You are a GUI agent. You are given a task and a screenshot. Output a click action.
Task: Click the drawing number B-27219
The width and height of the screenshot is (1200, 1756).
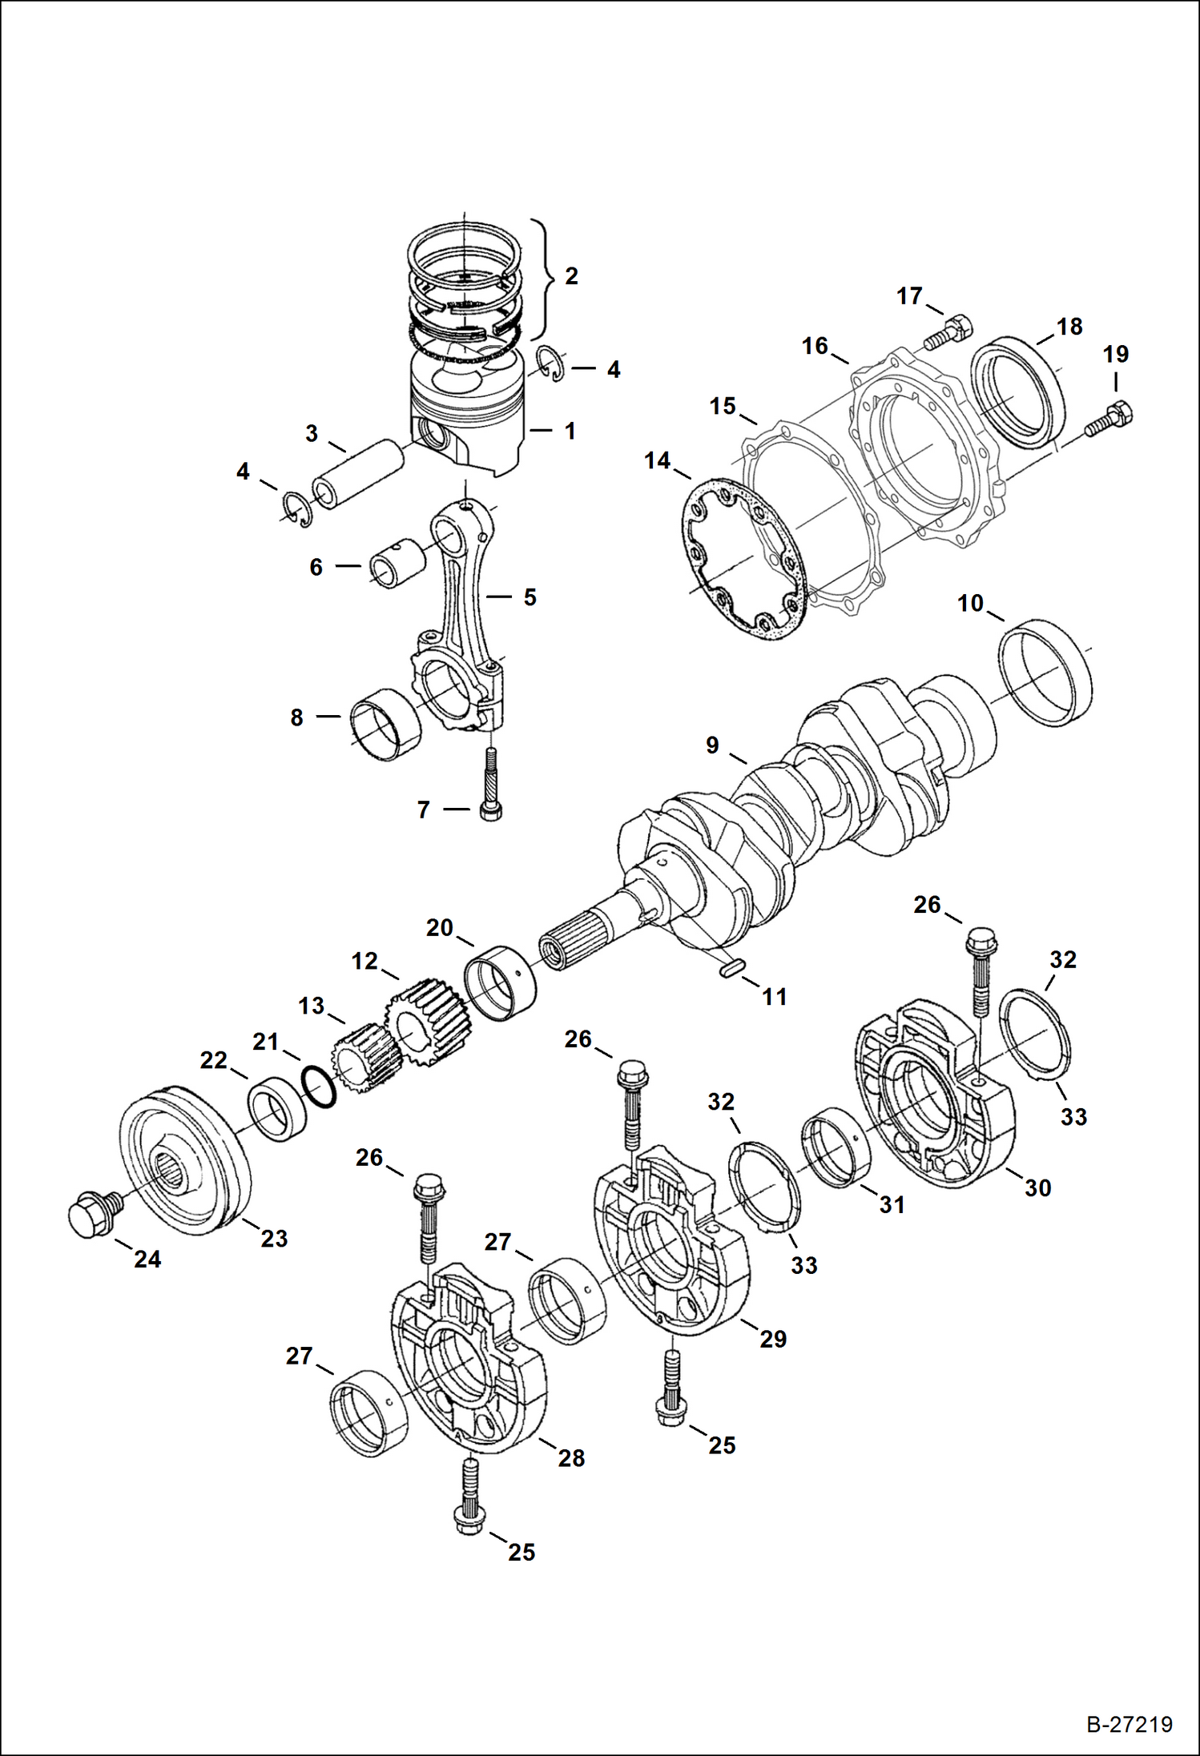click(x=1129, y=1724)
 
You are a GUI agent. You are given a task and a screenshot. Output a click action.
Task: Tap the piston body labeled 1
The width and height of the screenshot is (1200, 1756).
click(x=469, y=420)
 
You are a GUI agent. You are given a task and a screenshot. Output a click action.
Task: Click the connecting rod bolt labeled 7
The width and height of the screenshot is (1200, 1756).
click(x=490, y=784)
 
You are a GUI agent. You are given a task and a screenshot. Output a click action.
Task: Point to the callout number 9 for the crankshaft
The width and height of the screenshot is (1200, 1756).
click(x=711, y=745)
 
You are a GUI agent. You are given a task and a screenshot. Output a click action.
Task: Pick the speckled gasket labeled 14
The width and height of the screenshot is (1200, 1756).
click(x=746, y=560)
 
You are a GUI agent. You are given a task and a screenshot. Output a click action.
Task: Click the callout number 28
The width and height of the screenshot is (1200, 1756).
click(x=571, y=1458)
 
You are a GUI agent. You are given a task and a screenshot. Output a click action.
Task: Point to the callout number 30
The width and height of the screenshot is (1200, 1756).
click(x=1037, y=1188)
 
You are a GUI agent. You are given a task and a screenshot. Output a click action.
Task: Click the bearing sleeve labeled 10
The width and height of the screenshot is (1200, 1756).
click(x=1045, y=672)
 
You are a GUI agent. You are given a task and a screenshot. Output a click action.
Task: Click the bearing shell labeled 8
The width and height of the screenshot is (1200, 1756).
click(x=386, y=724)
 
